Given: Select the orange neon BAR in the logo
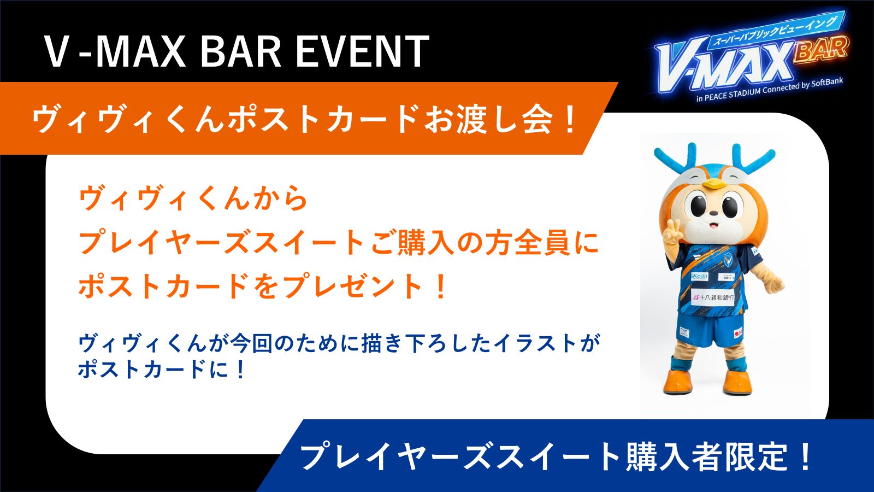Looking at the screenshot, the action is [821, 50].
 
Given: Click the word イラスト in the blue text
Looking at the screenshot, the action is [532, 344].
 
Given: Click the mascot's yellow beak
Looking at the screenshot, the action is [713, 183].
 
